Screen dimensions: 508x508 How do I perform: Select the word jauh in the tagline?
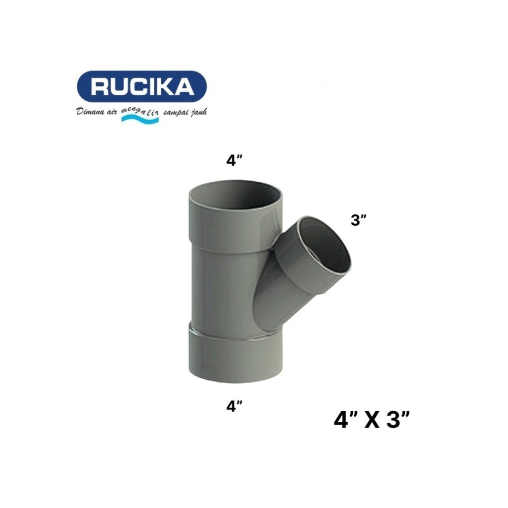[x=198, y=113]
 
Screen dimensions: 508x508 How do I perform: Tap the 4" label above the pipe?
[x=234, y=162]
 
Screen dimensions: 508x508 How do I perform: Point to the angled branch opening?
[x=325, y=246]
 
